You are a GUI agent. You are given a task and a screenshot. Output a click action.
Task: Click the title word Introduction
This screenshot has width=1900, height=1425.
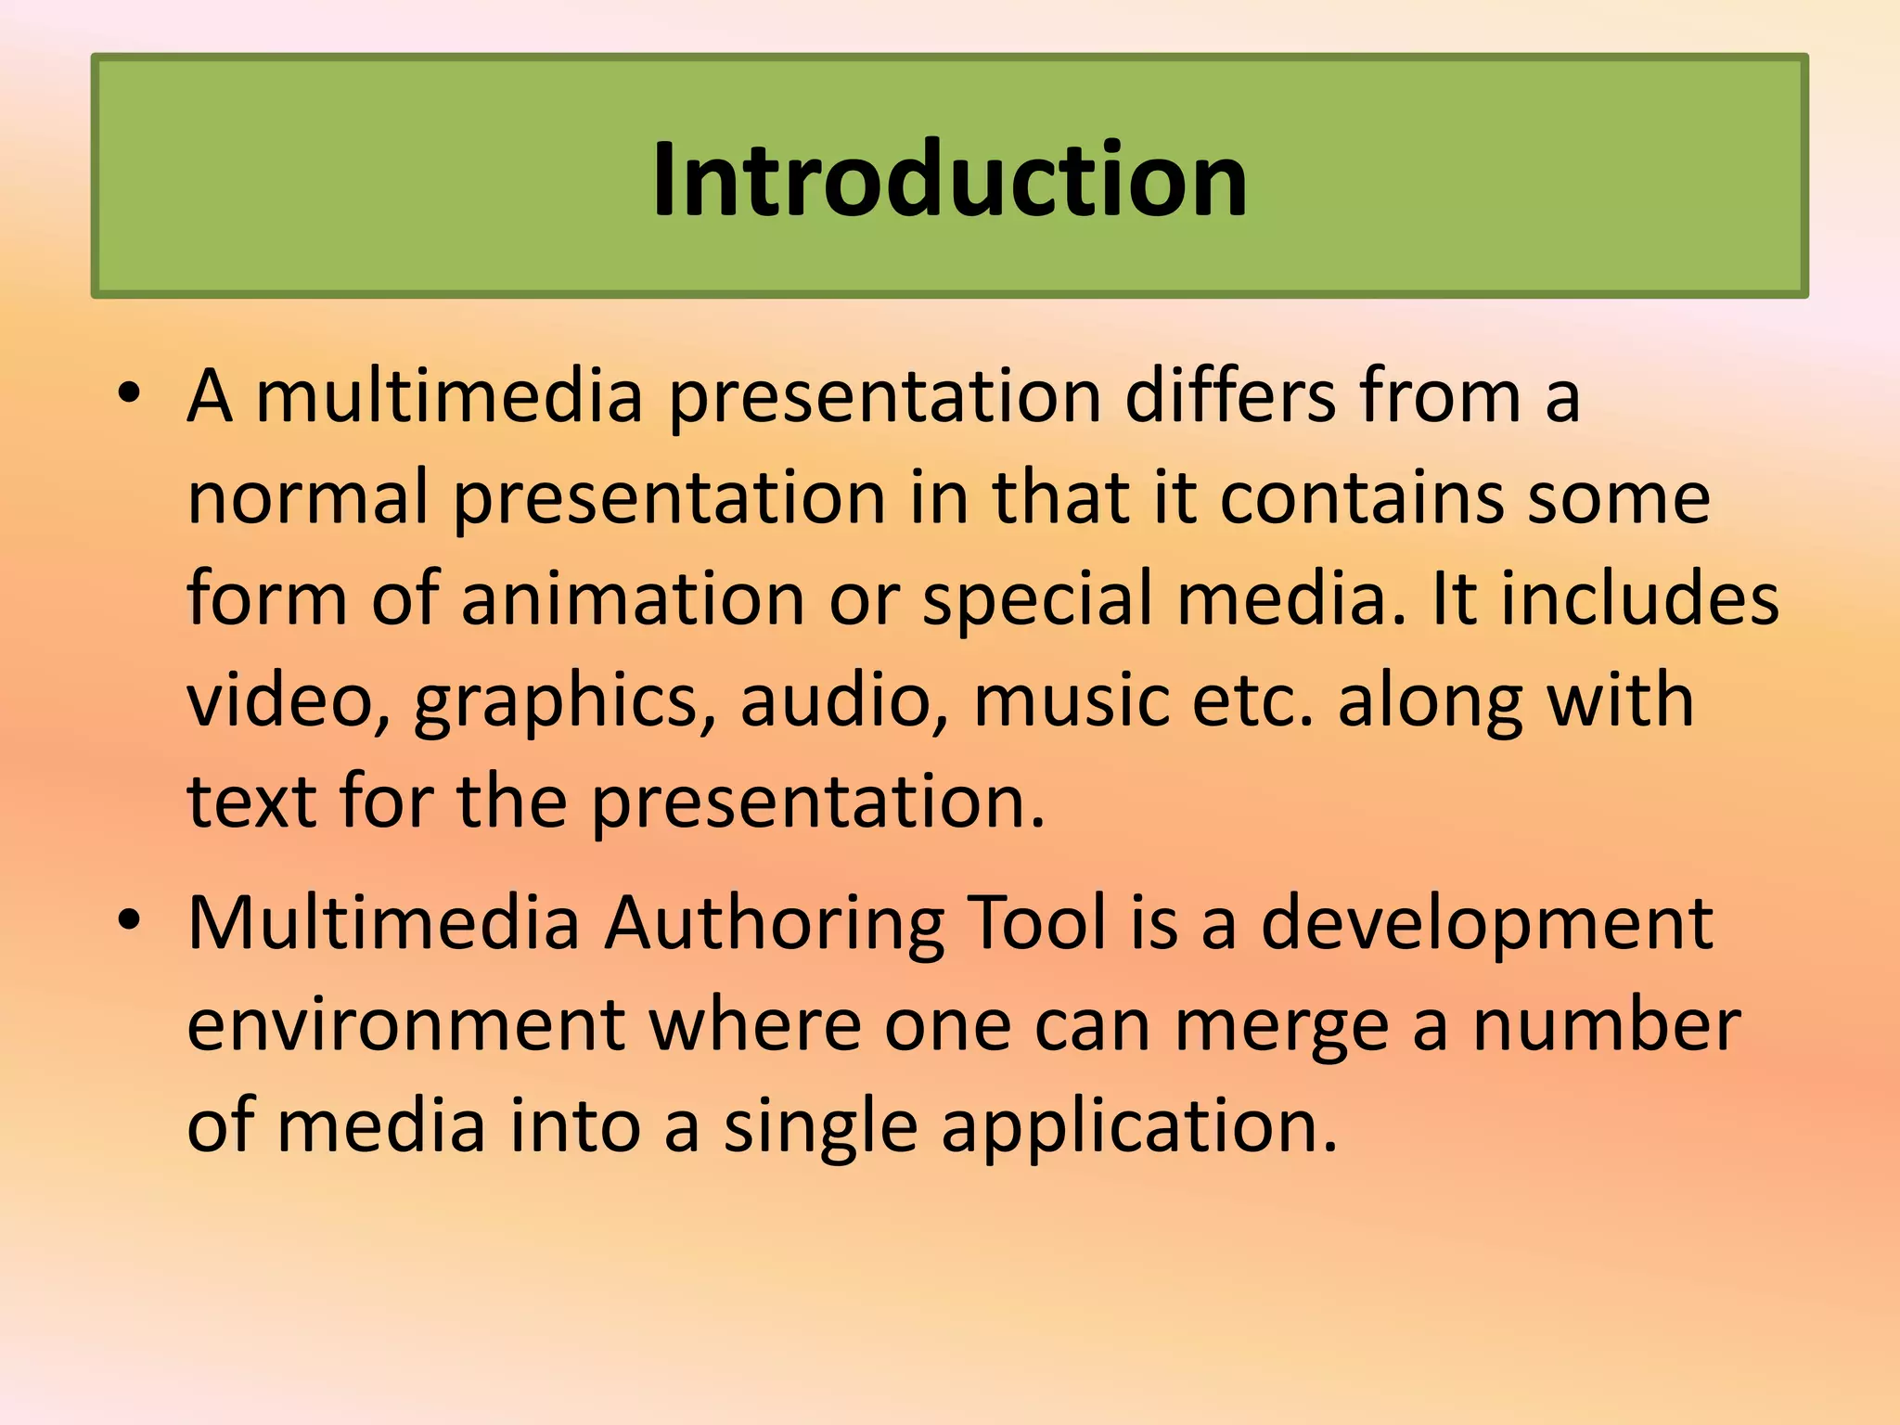949,178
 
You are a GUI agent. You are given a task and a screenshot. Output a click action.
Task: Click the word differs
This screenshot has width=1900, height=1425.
1229,396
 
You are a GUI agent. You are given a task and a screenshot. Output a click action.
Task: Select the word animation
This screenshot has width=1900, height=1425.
633,598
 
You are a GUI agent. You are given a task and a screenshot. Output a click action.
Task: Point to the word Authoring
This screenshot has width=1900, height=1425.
775,926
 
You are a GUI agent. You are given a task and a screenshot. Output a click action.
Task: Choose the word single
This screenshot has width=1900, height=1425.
820,1128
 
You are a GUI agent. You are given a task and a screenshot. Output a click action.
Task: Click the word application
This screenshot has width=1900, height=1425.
1139,1128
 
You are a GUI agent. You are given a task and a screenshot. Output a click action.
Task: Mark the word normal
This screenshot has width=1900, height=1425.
307,498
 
